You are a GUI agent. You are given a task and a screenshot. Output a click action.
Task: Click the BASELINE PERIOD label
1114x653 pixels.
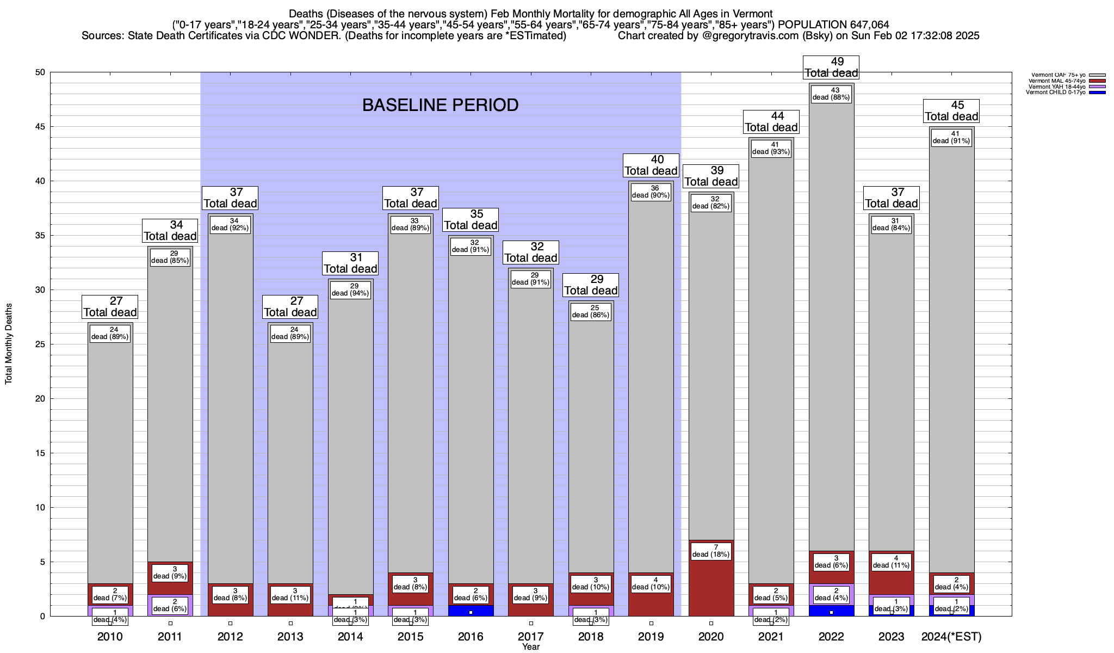pos(440,105)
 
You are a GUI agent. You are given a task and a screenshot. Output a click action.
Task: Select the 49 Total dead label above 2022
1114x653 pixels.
pos(831,67)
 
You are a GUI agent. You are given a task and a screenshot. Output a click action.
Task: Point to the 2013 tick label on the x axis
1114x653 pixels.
pos(290,637)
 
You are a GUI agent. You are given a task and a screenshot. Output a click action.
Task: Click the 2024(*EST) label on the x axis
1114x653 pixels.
pos(951,637)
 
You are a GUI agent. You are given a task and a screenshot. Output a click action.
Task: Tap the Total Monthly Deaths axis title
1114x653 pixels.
pos(9,344)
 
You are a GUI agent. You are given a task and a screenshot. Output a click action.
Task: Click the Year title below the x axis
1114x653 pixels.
pos(530,647)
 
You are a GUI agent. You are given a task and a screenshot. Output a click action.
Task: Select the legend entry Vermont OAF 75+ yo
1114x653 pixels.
pos(1058,75)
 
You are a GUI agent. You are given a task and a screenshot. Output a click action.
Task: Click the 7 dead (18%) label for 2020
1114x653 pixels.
pos(711,551)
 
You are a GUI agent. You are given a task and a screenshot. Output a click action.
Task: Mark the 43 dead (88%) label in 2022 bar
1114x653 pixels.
pos(831,94)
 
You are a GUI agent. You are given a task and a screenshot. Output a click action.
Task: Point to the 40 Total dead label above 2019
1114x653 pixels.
pos(651,165)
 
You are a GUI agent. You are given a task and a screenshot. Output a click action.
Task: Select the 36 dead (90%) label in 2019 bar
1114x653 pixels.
pos(651,192)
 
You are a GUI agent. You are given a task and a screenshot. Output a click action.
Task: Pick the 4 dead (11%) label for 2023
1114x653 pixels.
pos(891,562)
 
